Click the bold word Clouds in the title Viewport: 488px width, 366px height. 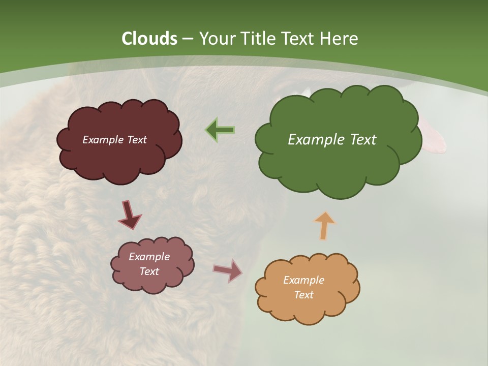(x=149, y=39)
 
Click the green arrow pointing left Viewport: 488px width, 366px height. (x=220, y=130)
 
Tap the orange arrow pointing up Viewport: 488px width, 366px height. (x=325, y=225)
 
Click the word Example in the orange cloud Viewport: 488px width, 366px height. (x=303, y=280)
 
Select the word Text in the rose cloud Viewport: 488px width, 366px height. (x=149, y=271)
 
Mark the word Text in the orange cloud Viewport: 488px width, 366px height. (x=303, y=295)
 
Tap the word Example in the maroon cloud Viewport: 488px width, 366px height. (x=103, y=139)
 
